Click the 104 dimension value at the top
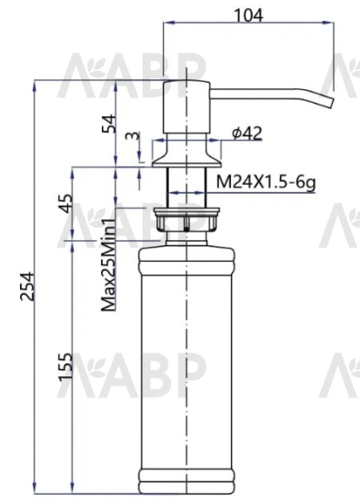[x=246, y=15]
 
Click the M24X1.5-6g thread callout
[x=265, y=182]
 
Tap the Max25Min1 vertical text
[x=108, y=264]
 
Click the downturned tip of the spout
[x=325, y=97]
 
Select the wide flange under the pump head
[x=185, y=151]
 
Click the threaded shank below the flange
[x=185, y=187]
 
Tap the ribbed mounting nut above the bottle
[x=186, y=221]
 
